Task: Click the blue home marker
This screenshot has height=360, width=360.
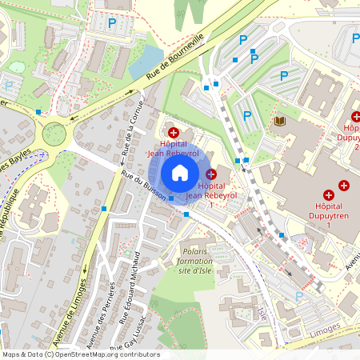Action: tap(180, 172)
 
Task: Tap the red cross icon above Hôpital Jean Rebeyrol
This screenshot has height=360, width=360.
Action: tap(174, 131)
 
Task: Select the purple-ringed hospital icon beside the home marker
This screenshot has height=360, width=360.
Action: tap(211, 174)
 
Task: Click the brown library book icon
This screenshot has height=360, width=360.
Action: tap(280, 121)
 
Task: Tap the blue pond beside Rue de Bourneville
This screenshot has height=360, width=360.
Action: tap(146, 60)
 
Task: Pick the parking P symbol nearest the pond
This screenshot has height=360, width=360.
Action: tap(112, 25)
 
